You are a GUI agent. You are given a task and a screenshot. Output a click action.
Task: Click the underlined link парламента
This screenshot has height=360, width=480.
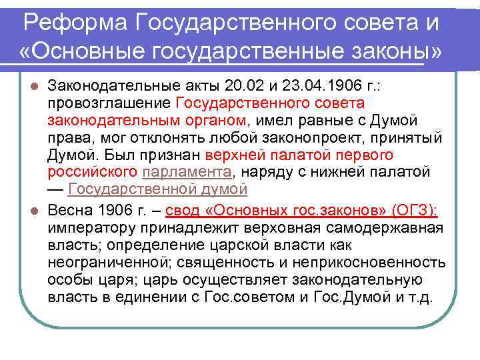coord(186,173)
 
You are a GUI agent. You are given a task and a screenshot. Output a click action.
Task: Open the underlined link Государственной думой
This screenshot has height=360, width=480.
coord(158,190)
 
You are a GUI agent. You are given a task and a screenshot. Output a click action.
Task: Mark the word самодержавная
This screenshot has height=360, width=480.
coord(390,228)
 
